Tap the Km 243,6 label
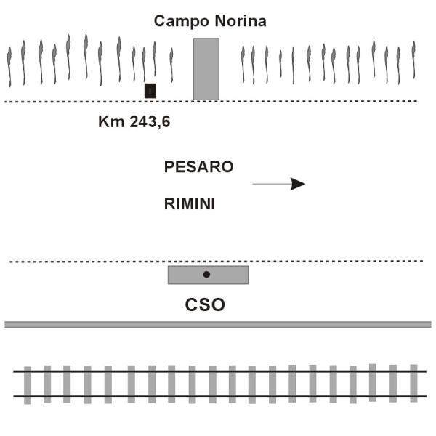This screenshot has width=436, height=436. (x=134, y=121)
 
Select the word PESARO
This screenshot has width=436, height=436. (x=199, y=166)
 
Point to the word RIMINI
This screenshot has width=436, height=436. (x=190, y=204)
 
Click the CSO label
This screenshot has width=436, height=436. (x=206, y=304)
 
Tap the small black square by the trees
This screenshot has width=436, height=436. (x=150, y=90)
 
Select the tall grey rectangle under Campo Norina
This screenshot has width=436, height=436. (x=206, y=68)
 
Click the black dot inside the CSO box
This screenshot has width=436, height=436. (x=206, y=274)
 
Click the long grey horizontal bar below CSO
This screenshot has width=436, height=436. (x=218, y=324)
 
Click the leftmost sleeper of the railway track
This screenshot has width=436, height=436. (x=28, y=384)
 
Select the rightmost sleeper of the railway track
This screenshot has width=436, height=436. (x=413, y=383)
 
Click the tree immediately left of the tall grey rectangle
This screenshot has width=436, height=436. (x=171, y=65)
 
